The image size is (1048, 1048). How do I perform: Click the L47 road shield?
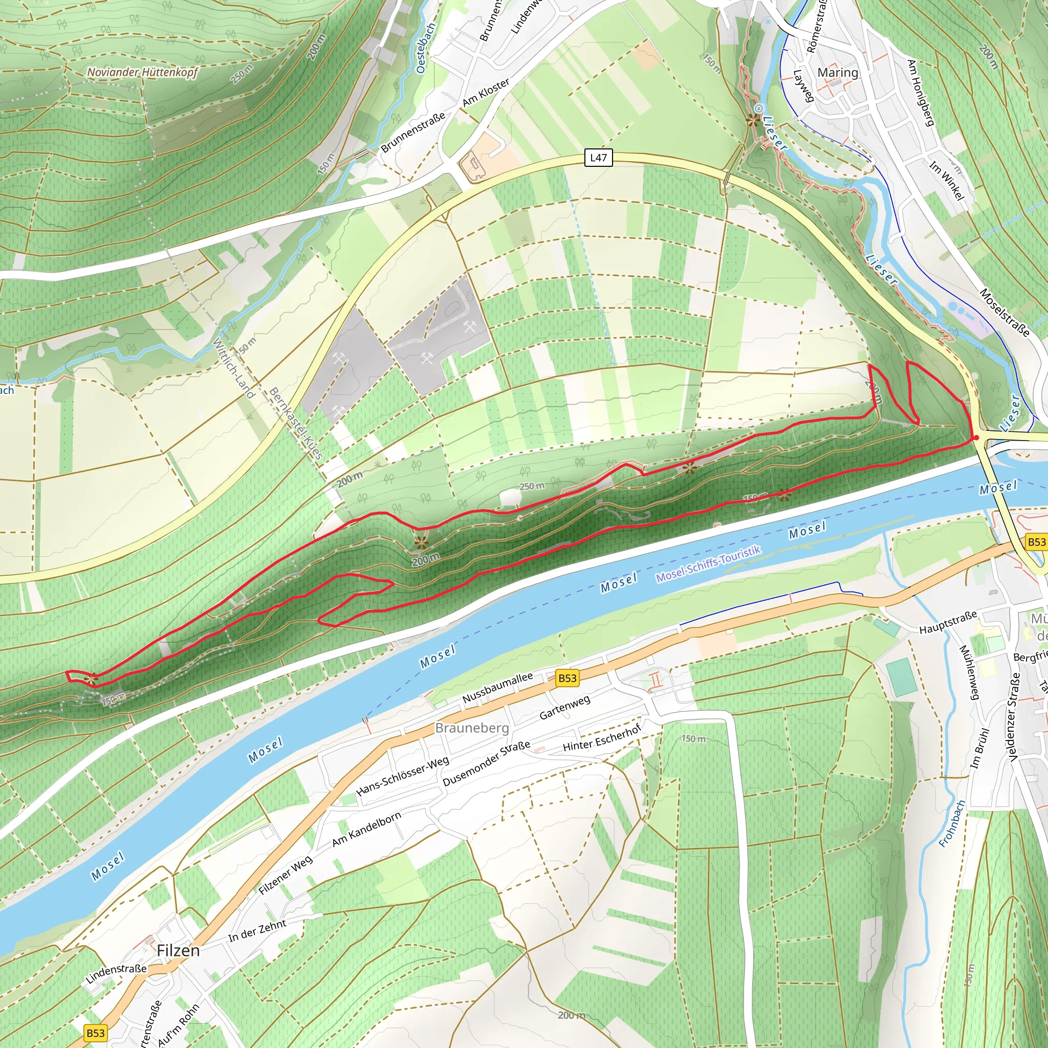[598, 158]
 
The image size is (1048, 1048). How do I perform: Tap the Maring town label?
[838, 73]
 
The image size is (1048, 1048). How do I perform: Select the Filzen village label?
[178, 951]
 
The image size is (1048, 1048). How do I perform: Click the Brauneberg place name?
[472, 728]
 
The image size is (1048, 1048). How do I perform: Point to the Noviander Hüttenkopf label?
[143, 72]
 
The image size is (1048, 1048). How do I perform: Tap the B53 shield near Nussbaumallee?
[567, 678]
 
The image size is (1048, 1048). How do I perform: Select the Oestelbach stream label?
[426, 48]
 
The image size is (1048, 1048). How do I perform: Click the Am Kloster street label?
[486, 92]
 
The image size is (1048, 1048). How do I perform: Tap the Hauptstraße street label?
[948, 623]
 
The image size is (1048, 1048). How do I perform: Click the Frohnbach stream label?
[952, 823]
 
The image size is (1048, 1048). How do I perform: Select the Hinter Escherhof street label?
[602, 738]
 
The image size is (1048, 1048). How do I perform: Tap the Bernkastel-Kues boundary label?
[296, 423]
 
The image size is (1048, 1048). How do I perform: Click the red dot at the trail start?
[976, 437]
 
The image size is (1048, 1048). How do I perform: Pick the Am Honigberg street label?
[921, 93]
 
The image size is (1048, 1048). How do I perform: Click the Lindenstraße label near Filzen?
[116, 973]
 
